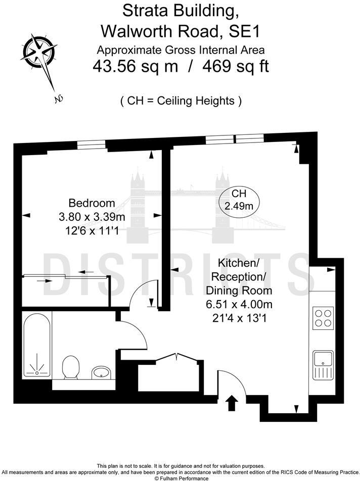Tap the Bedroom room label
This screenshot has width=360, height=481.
tap(92, 203)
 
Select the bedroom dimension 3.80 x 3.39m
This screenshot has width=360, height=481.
tap(92, 217)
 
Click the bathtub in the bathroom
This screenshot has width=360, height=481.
tap(37, 345)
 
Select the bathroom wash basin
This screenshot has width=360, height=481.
tap(101, 373)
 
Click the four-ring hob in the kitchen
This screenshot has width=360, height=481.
tap(323, 317)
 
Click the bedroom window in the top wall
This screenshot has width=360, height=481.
tap(92, 145)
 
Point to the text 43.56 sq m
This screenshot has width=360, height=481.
tap(135, 66)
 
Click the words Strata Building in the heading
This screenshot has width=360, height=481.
tap(179, 11)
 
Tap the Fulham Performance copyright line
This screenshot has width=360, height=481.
tap(181, 478)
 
